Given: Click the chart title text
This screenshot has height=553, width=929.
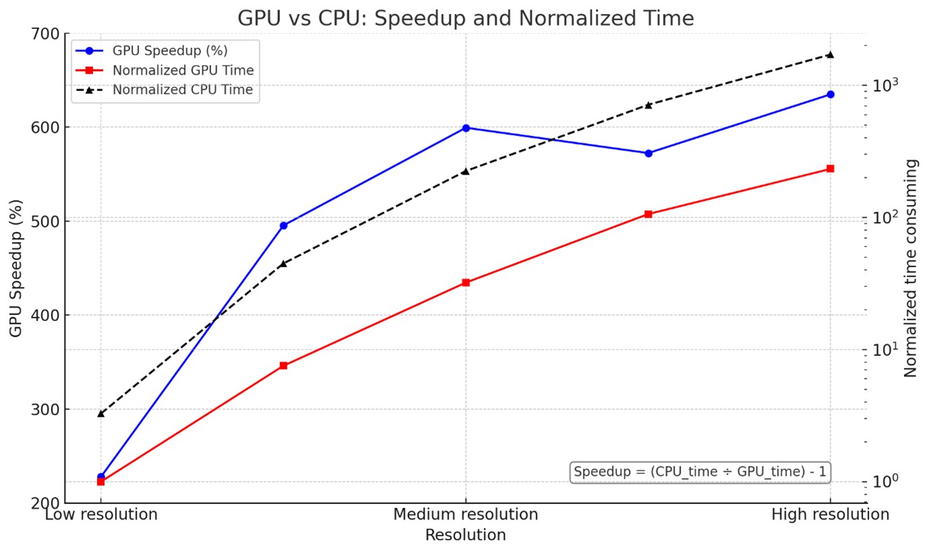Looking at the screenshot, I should pos(465,18).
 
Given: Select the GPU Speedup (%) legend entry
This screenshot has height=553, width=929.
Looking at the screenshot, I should pos(169,51).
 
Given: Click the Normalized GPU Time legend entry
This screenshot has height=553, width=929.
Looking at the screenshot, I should pos(183,70).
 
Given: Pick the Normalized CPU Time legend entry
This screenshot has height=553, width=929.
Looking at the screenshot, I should pos(182,90).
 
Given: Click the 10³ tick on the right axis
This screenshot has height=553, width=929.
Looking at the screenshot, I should pos(882,86).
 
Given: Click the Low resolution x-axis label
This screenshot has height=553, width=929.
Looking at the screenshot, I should pos(101,515).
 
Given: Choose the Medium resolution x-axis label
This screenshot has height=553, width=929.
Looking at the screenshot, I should pos(466,515).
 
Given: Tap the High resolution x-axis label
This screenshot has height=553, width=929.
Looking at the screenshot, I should pos(830,515).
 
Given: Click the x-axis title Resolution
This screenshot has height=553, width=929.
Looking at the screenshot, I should pos(466,535).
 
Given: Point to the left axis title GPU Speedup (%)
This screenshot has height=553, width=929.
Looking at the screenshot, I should pos(16,268).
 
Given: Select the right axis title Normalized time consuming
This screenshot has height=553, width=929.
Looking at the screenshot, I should pos(911,268).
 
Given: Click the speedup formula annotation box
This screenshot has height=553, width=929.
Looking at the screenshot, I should pos(700,472).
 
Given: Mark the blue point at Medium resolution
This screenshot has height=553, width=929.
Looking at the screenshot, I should pos(466,127).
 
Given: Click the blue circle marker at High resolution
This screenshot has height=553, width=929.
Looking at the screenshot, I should pos(830,94).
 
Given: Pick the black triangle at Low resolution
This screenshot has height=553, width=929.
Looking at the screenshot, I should pos(101,413).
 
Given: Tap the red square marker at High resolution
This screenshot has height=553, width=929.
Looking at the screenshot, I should pos(830,169).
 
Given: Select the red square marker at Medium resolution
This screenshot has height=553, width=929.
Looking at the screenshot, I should pos(466,283).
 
